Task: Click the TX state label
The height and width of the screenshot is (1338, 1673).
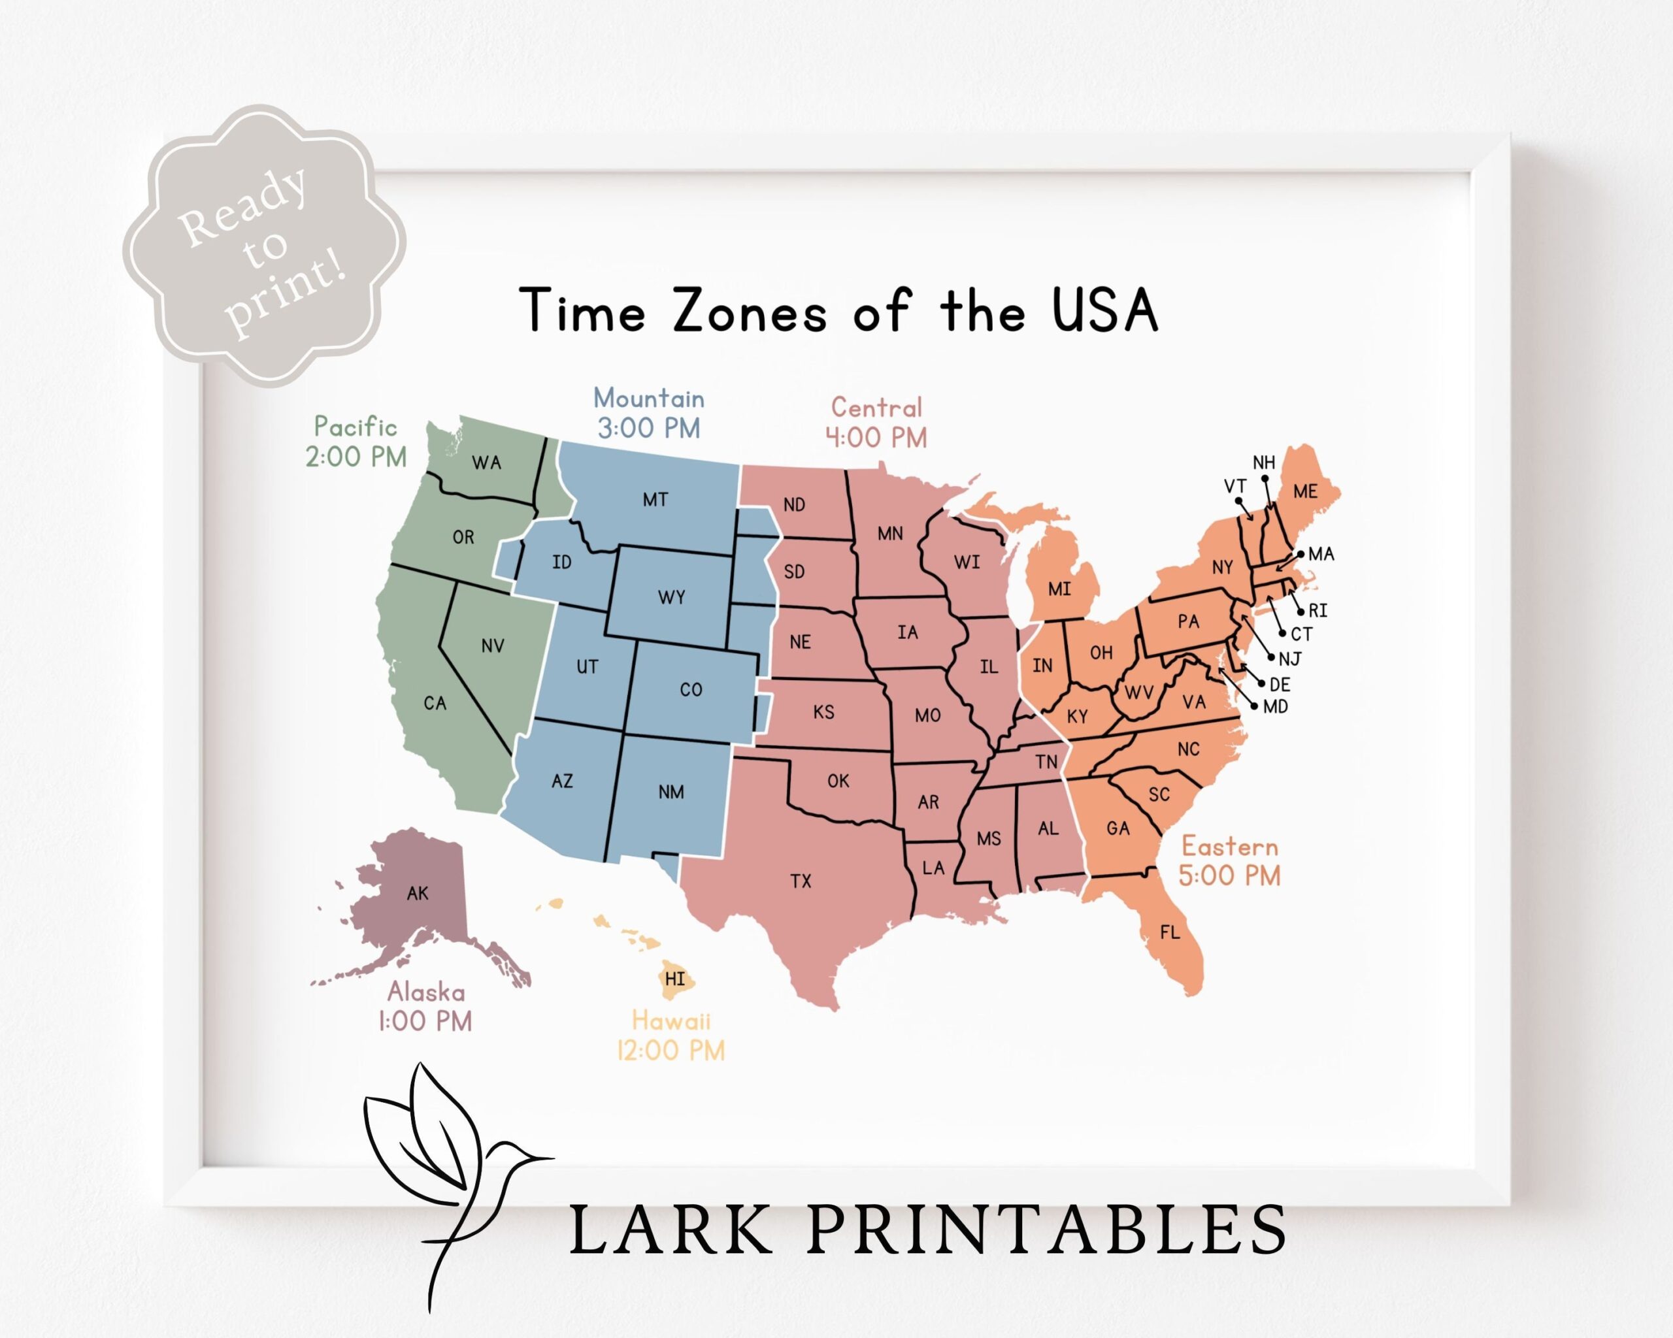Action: click(x=801, y=881)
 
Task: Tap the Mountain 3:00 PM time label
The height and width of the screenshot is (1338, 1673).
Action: click(x=649, y=414)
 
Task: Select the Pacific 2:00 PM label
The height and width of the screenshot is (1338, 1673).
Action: click(x=356, y=442)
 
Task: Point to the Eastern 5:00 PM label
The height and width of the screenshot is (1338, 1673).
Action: click(x=1229, y=861)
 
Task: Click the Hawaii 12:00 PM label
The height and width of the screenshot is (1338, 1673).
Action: click(x=671, y=1036)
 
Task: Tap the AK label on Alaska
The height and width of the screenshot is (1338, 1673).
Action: click(x=418, y=894)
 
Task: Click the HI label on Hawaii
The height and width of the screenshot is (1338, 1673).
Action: click(x=675, y=979)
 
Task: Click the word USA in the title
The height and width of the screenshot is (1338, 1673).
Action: click(x=1105, y=310)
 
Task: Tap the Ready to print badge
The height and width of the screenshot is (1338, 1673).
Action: click(x=264, y=247)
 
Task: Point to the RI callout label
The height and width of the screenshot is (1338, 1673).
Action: click(x=1317, y=610)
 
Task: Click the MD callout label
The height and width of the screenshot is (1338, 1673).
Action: click(x=1276, y=707)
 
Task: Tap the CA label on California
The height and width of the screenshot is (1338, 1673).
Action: click(x=435, y=704)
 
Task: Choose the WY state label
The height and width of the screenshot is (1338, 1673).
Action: click(x=671, y=596)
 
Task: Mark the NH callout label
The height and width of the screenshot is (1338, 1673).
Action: click(x=1264, y=463)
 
